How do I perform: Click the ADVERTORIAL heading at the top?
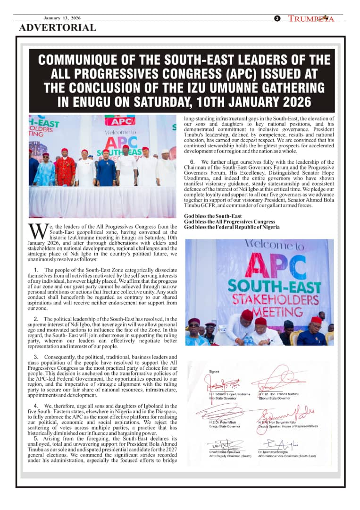click(x=58, y=27)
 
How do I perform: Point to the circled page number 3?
click(x=277, y=18)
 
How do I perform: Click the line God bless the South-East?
click(x=213, y=216)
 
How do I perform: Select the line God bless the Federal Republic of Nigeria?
click(x=232, y=227)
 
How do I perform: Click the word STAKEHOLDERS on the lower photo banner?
click(x=269, y=299)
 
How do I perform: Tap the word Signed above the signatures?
click(x=214, y=372)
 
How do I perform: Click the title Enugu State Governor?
click(x=225, y=426)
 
